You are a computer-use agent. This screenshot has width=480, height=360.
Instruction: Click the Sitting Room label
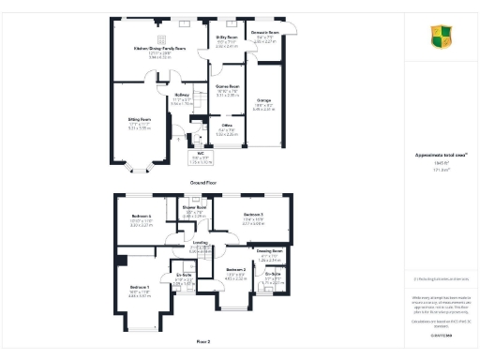(140, 119)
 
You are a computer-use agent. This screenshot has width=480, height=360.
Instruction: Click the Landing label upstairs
(199, 241)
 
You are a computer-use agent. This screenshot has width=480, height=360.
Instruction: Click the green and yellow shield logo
(439, 37)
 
